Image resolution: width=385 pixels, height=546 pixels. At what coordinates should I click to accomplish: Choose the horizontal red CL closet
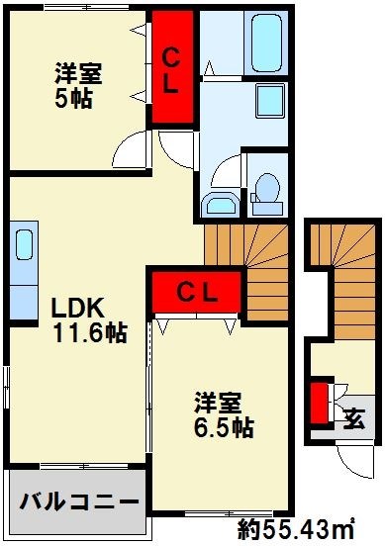point(197,291)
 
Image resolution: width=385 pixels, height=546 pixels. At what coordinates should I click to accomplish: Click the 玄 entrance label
point(353,417)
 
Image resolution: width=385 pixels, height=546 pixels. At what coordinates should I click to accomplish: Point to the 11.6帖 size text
point(89,333)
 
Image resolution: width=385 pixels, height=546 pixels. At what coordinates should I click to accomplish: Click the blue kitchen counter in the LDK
point(24,258)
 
